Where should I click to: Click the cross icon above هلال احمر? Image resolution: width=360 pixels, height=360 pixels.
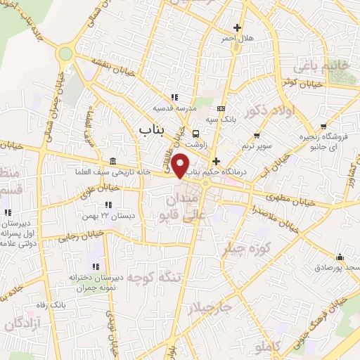(x=238, y=28)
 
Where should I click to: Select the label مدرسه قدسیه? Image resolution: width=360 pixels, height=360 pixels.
(x=174, y=108)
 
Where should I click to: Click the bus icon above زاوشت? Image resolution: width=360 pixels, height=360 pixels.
(x=196, y=133)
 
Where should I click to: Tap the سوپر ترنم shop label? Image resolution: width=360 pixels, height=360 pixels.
(x=257, y=145)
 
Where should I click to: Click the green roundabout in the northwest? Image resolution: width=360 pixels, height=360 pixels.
(x=66, y=53)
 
